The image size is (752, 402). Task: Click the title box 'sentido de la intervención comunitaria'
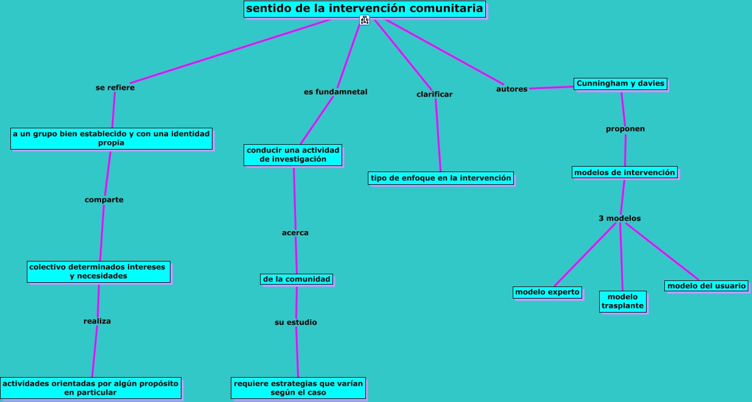click(365, 9)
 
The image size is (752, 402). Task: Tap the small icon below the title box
click(365, 20)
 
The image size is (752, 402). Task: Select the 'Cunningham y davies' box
click(620, 83)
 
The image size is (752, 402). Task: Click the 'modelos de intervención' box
click(625, 172)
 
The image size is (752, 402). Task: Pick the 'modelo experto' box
click(547, 292)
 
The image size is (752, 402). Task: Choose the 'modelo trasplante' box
click(622, 301)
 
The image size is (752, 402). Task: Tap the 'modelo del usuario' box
click(706, 286)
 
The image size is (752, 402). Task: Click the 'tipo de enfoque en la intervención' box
click(441, 178)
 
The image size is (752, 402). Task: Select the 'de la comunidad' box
click(297, 279)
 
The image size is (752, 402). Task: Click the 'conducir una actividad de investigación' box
click(293, 154)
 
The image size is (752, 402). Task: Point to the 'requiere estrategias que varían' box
click(298, 388)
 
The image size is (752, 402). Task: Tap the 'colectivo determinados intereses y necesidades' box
click(99, 271)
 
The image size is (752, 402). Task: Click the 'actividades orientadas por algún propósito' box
click(90, 388)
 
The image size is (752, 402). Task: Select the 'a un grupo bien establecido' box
click(111, 138)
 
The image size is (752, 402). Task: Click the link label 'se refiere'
click(115, 88)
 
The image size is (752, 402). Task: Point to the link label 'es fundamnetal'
click(336, 92)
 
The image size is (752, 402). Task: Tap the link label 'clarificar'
click(434, 94)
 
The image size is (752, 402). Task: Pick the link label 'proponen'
click(625, 129)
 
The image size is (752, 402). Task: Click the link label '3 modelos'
click(619, 218)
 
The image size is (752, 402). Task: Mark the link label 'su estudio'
click(295, 322)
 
